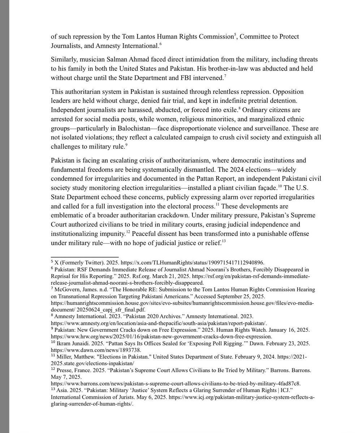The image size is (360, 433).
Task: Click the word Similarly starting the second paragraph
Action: [64, 59]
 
